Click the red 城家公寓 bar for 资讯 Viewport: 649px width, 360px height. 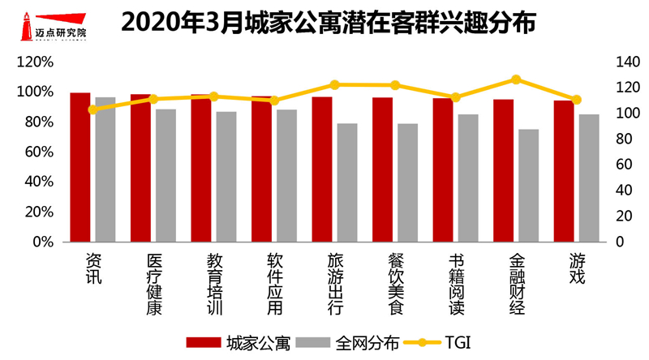pyautogui.click(x=80, y=167)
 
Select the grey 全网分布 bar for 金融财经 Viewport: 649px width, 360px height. pyautogui.click(x=528, y=186)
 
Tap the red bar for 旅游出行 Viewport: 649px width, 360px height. pyautogui.click(x=322, y=169)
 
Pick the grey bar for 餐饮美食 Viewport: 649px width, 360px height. pyautogui.click(x=407, y=182)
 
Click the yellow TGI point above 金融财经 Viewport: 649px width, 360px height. pyautogui.click(x=515, y=79)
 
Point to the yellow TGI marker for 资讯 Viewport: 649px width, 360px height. pyautogui.click(x=92, y=109)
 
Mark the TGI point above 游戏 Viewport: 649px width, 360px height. pyautogui.click(x=577, y=100)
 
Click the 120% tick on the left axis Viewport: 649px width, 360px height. pyautogui.click(x=37, y=62)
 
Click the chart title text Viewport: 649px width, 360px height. pyautogui.click(x=328, y=24)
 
